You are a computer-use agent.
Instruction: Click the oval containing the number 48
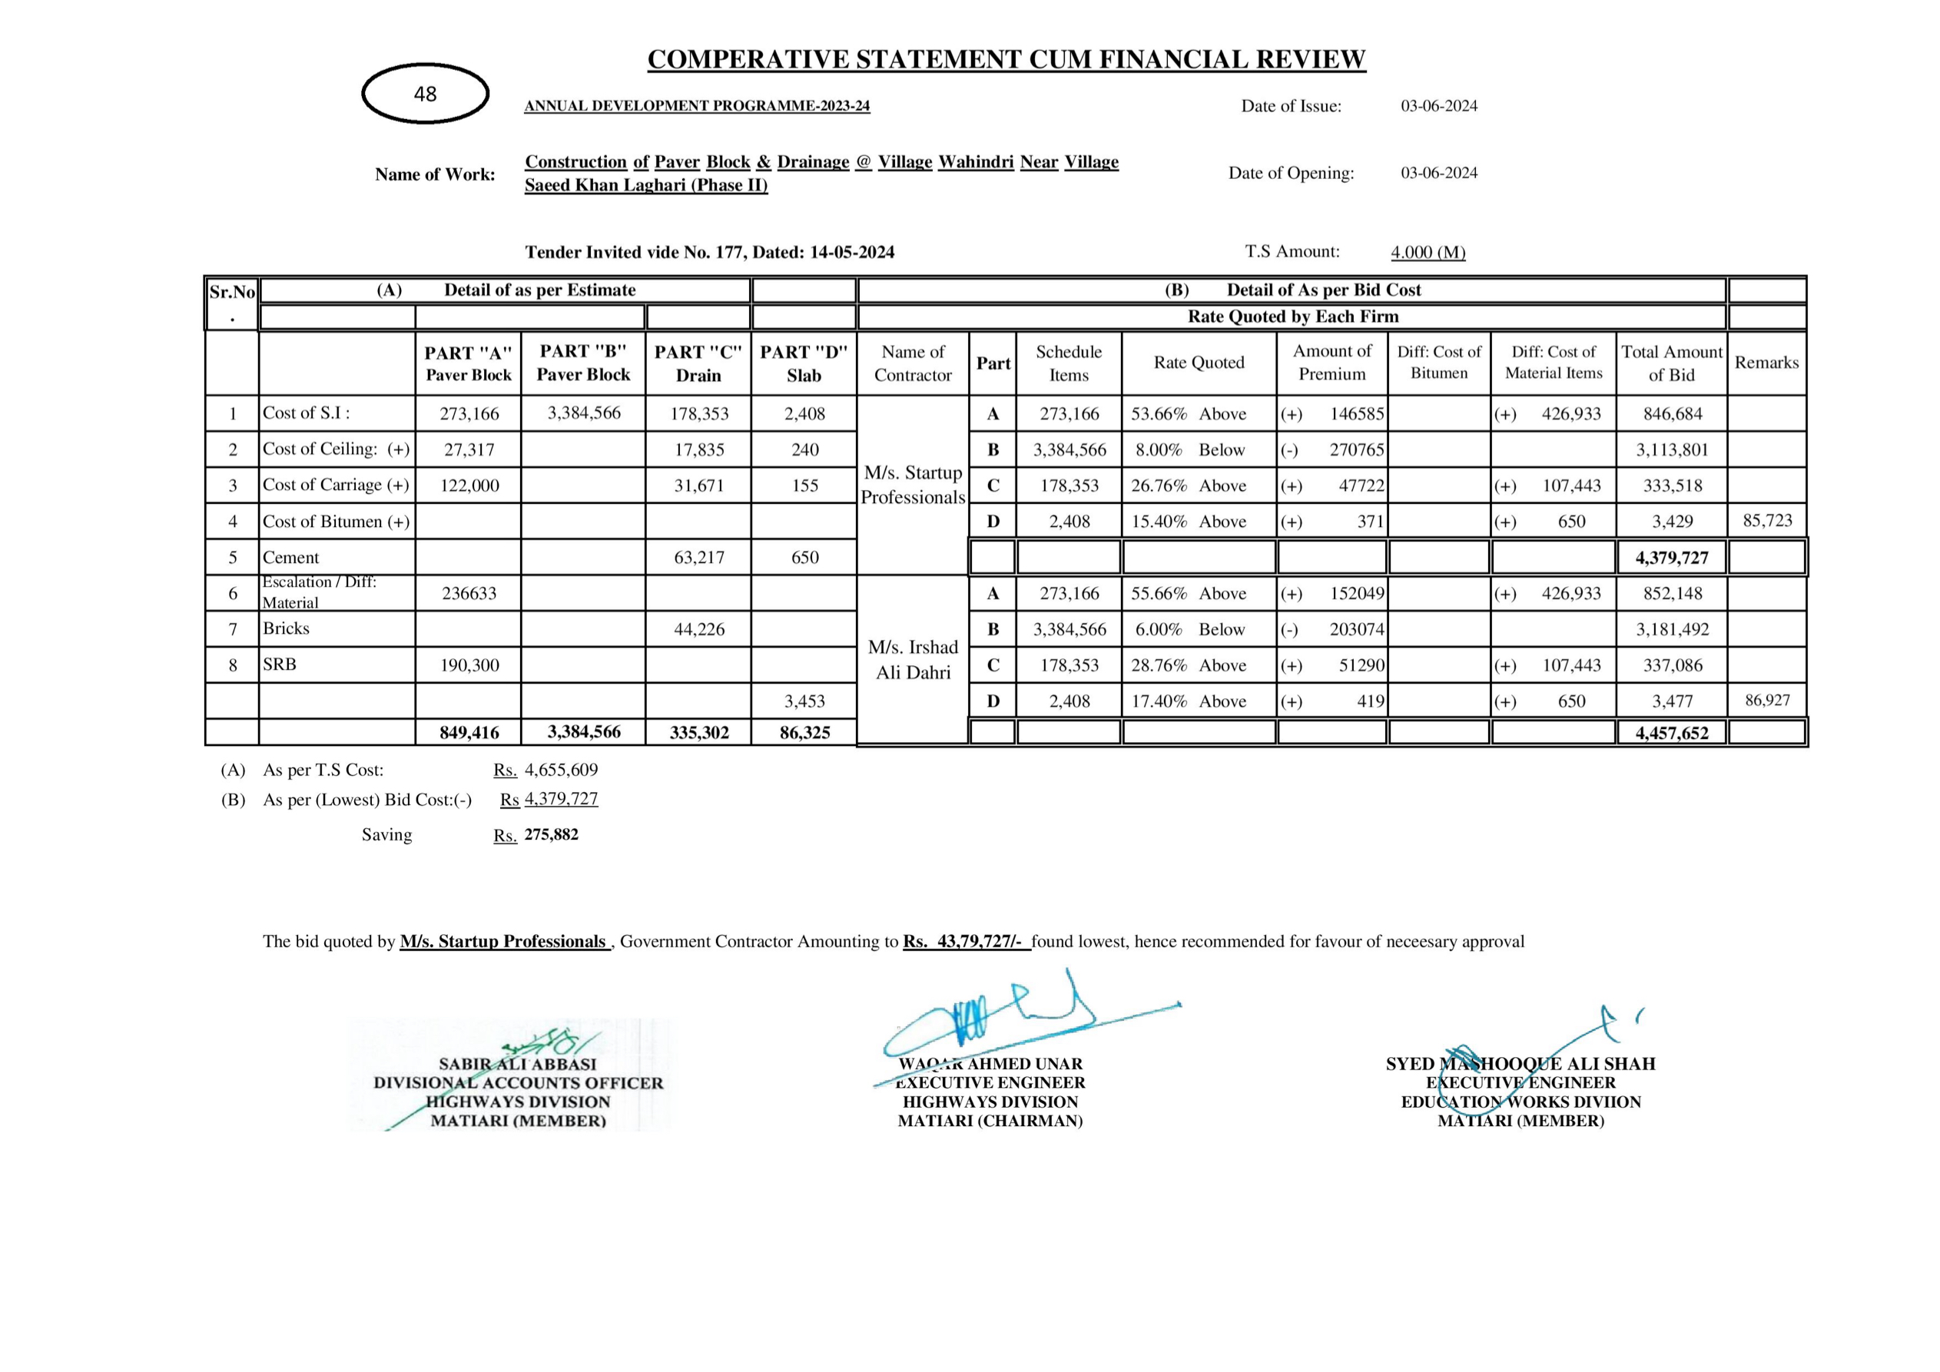(425, 94)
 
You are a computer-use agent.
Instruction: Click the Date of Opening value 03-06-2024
(1439, 173)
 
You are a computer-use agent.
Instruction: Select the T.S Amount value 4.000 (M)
(1428, 253)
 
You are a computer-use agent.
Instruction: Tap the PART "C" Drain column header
(698, 363)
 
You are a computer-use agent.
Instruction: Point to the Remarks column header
(1767, 363)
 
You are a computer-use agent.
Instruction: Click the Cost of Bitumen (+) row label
(336, 522)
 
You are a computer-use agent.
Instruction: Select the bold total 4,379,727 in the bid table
(1671, 558)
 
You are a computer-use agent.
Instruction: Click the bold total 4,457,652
(1671, 732)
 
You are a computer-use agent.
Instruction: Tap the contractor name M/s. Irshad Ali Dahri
(913, 660)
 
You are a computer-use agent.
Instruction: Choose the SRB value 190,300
(469, 666)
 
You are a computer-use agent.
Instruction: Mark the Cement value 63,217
(698, 558)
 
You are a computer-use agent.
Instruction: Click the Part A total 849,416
(469, 732)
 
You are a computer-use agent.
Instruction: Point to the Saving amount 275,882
(551, 835)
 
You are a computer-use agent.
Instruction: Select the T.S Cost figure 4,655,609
(561, 770)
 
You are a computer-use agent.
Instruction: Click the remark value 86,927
(1767, 701)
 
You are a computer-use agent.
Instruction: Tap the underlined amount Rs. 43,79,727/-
(966, 941)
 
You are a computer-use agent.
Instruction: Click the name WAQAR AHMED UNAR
(990, 1065)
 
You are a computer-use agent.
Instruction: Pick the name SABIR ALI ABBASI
(517, 1065)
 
